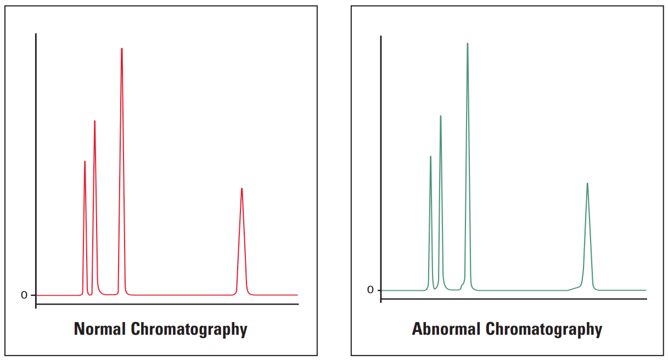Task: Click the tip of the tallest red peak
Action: [x=122, y=49]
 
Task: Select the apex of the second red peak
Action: [x=94, y=121]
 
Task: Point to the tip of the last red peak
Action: [x=242, y=189]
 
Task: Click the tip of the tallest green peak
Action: [x=468, y=43]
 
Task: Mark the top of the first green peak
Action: [x=430, y=156]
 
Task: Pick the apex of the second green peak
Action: [x=440, y=116]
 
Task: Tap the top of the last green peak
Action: [x=587, y=183]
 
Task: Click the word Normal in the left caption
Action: [x=100, y=329]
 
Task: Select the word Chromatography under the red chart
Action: [x=189, y=329]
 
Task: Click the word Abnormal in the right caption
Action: [x=446, y=329]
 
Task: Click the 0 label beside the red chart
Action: [x=24, y=295]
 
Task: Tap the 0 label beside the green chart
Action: [x=370, y=290]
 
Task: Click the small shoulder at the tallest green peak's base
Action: [x=462, y=285]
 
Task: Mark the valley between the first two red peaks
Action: [x=89, y=294]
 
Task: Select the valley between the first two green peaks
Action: [x=435, y=289]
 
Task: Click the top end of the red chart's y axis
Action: [x=36, y=34]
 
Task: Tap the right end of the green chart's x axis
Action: [x=646, y=299]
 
